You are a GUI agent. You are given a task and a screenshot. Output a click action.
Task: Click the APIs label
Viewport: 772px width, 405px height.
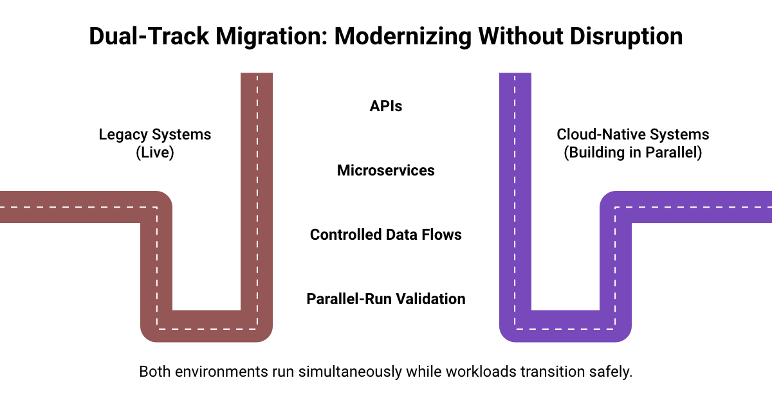(386, 106)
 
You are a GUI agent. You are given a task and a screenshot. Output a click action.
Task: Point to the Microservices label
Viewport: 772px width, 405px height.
(386, 170)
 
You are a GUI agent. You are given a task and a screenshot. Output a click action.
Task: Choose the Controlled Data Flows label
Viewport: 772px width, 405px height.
(386, 235)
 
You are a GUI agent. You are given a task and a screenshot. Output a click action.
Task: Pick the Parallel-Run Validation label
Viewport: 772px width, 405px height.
(386, 299)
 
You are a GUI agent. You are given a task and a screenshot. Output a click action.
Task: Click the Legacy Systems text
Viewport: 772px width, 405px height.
(154, 134)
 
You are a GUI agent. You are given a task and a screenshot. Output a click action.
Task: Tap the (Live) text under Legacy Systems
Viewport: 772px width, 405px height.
(154, 153)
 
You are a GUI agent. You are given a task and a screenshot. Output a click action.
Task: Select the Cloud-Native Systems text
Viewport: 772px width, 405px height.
(633, 134)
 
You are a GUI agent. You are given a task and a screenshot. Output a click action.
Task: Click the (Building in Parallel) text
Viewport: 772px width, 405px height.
(633, 153)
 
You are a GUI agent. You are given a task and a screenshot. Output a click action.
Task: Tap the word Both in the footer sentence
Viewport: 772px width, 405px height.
(153, 372)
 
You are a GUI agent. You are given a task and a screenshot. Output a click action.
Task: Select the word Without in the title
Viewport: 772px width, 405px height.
(514, 36)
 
